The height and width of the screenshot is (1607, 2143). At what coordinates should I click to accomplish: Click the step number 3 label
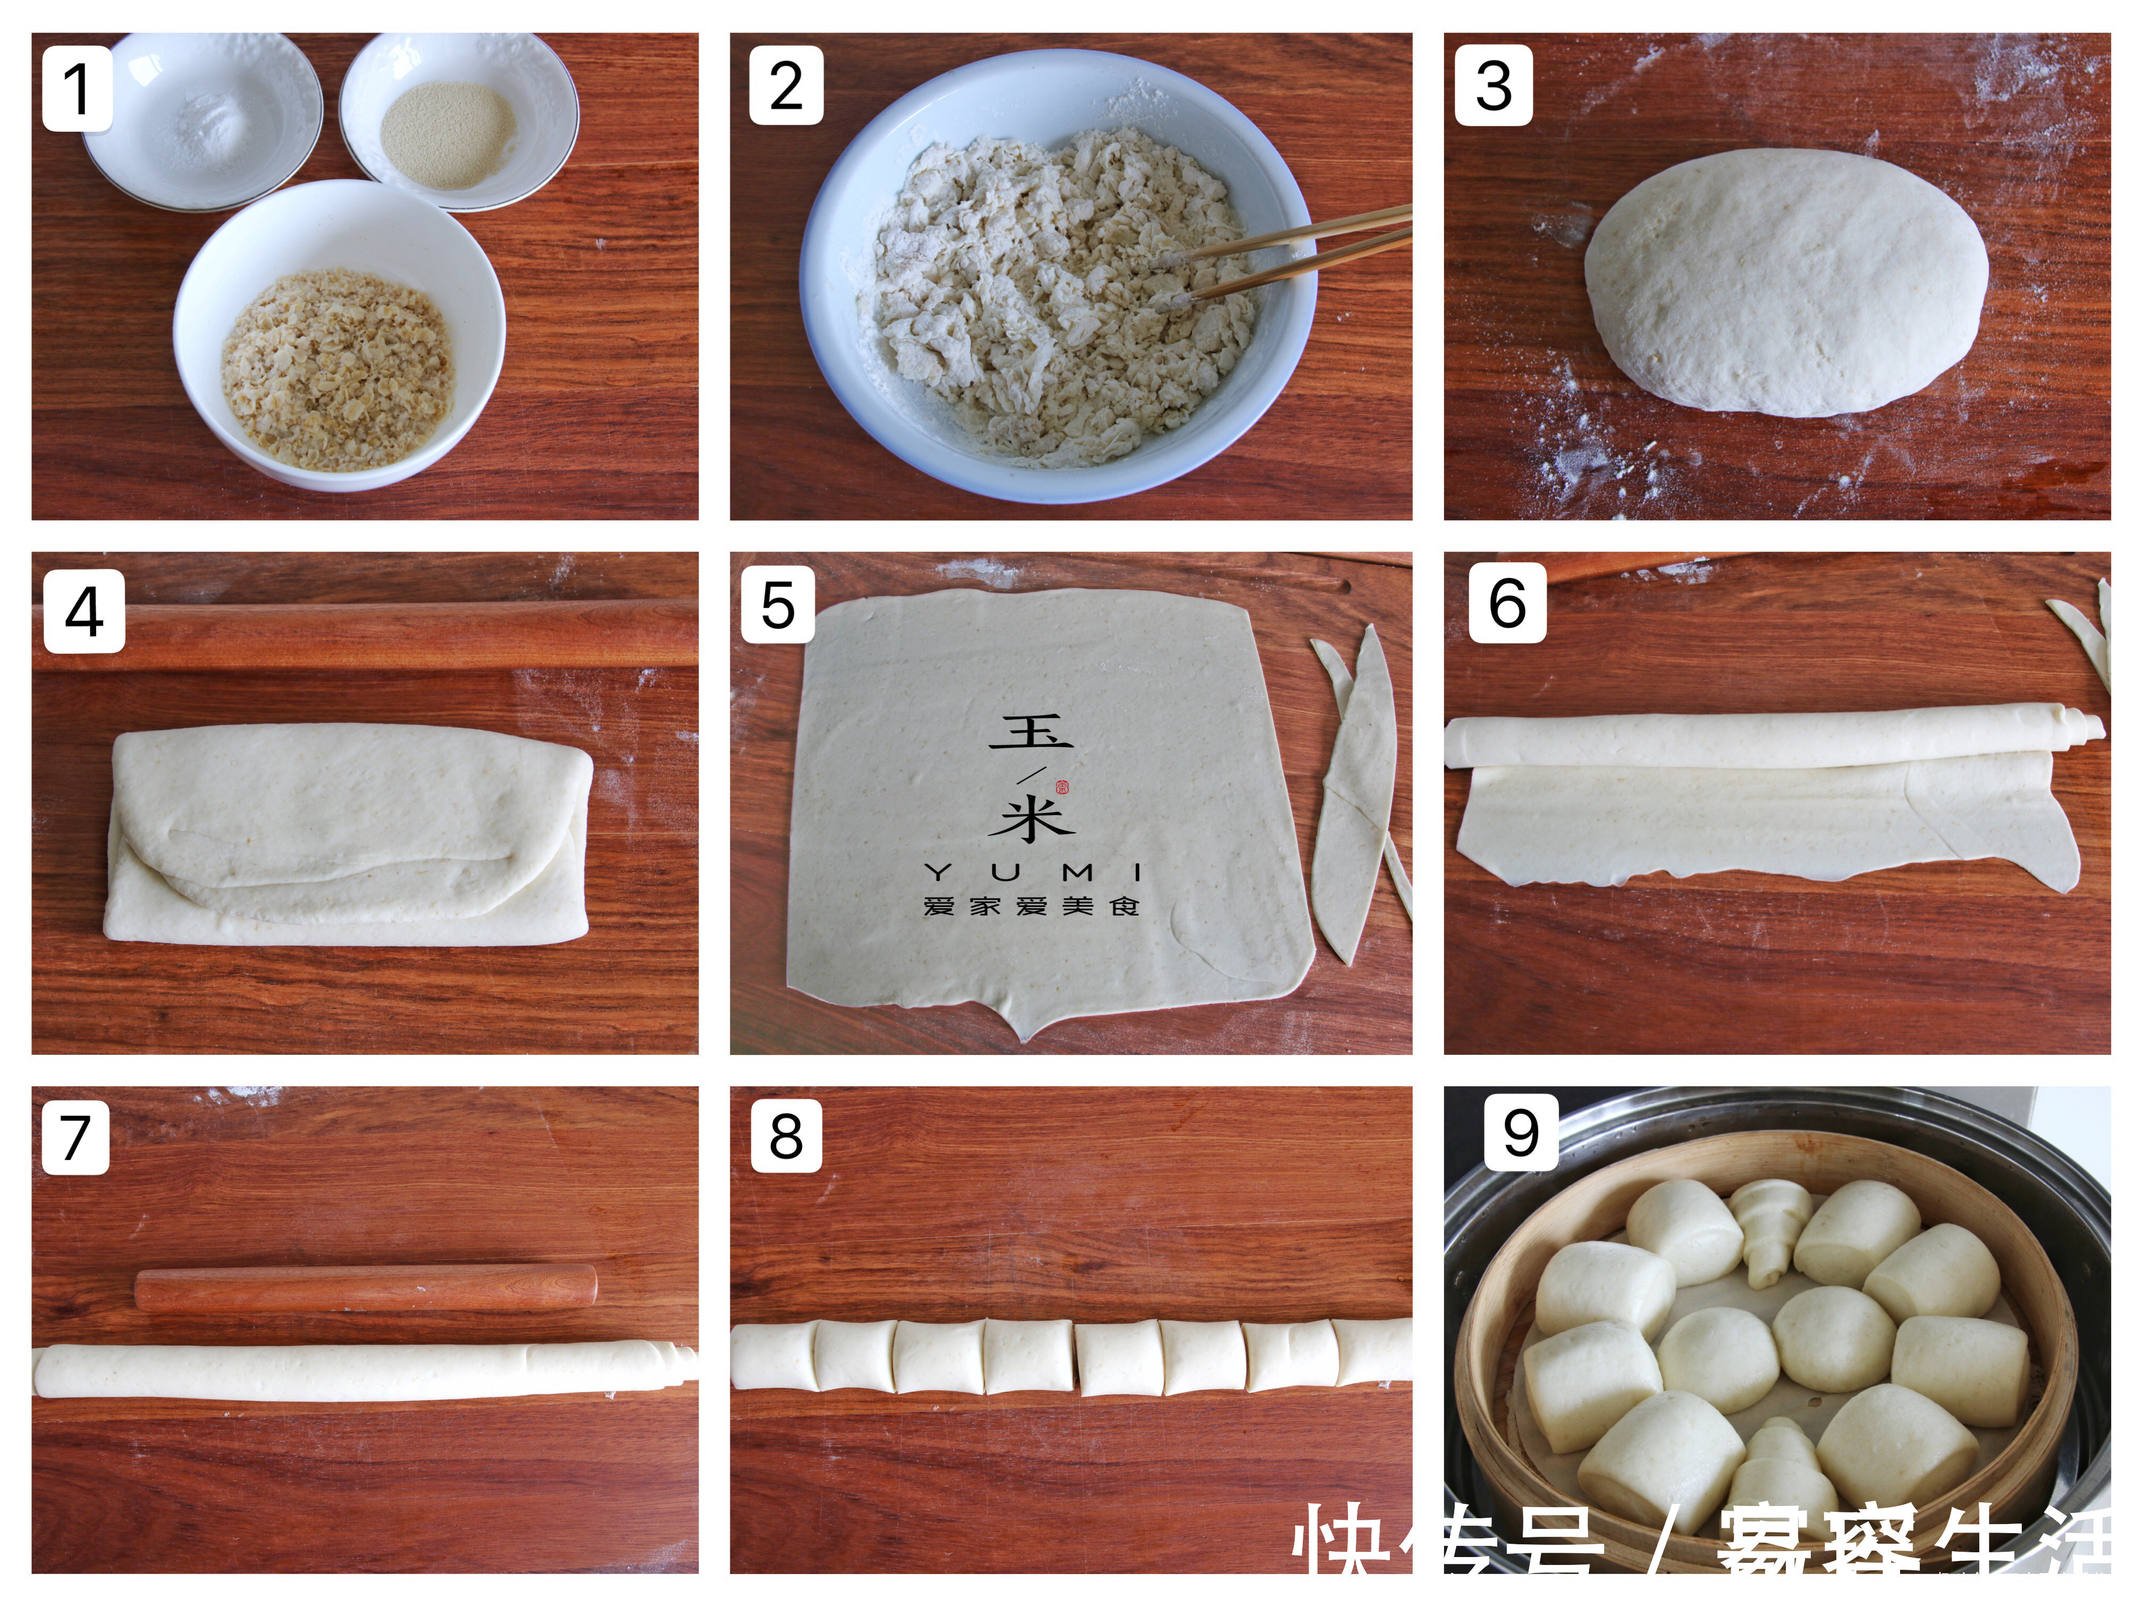pyautogui.click(x=1493, y=85)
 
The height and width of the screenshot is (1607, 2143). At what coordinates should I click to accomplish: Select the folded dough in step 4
pyautogui.click(x=349, y=833)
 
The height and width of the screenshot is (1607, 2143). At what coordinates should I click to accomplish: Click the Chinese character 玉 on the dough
pyautogui.click(x=1031, y=733)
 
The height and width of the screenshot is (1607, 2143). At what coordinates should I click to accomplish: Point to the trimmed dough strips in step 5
pyautogui.click(x=1356, y=794)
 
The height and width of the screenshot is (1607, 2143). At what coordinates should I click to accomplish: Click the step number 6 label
pyautogui.click(x=1506, y=604)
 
